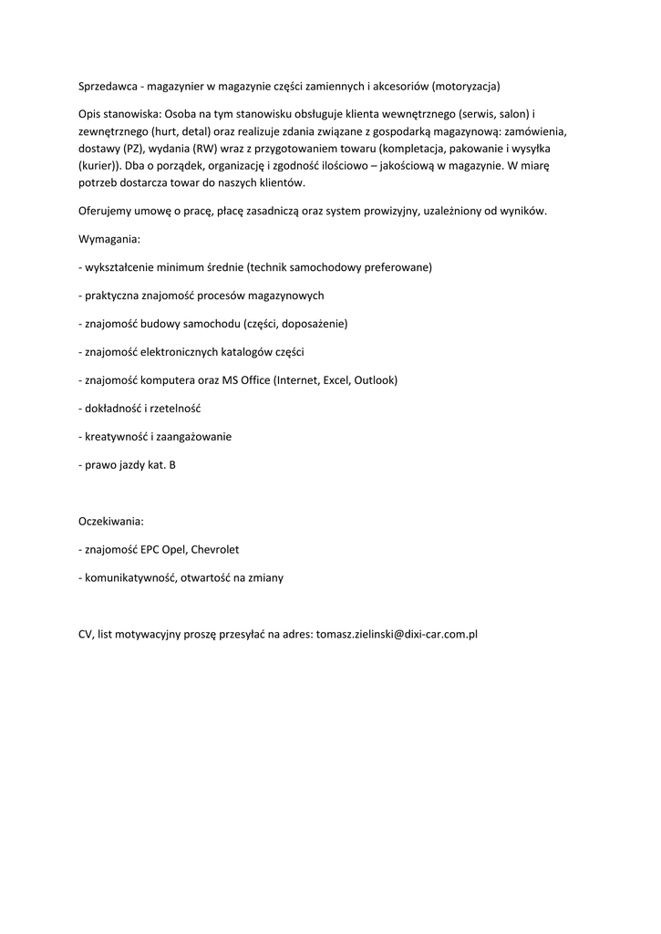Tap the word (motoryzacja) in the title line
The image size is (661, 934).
click(x=467, y=86)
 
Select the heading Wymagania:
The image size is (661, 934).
click(x=109, y=239)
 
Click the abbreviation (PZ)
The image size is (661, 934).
click(x=133, y=148)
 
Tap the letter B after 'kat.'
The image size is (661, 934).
click(x=172, y=464)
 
